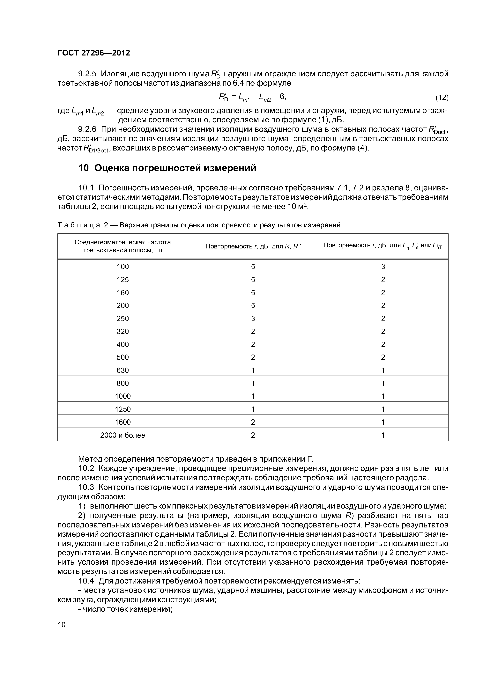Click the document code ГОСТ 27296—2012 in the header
pyautogui.click(x=94, y=53)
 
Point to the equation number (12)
pyautogui.click(x=442, y=98)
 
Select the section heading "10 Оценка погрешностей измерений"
pyautogui.click(x=167, y=168)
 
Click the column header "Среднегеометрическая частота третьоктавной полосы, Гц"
pyautogui.click(x=123, y=246)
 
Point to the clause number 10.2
pyautogui.click(x=86, y=468)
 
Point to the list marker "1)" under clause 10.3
pyautogui.click(x=82, y=506)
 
